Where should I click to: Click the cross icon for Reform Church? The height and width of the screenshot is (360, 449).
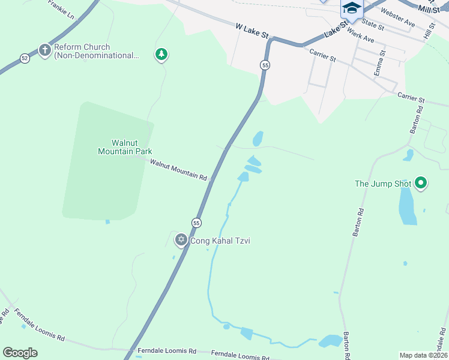click(x=44, y=50)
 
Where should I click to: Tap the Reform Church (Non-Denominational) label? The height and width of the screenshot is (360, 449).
click(x=96, y=51)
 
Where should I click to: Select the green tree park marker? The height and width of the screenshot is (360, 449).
click(x=161, y=55)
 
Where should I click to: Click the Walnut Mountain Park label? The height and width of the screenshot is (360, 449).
click(x=125, y=147)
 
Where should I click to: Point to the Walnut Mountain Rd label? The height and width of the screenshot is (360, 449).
click(x=178, y=170)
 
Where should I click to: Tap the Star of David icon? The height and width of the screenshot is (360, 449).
click(x=181, y=241)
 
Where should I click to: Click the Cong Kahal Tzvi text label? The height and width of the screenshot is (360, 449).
click(x=220, y=241)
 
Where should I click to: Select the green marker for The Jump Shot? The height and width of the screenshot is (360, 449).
click(x=421, y=183)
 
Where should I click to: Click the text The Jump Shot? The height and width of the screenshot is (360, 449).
click(x=383, y=184)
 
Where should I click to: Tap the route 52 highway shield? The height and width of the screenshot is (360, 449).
click(x=24, y=58)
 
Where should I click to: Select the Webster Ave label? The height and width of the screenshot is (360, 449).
click(x=397, y=19)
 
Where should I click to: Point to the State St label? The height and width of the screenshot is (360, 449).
click(x=373, y=25)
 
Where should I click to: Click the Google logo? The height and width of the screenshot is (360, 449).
click(x=20, y=352)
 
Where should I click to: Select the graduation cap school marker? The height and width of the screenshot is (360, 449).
click(x=352, y=8)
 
